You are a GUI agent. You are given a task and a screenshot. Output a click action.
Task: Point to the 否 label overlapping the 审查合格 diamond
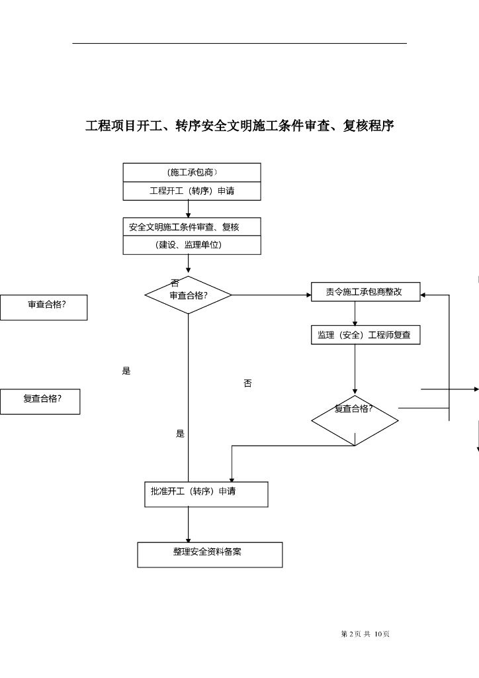pos(175,283)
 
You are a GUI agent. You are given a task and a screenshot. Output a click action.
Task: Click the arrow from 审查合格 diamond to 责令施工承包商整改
pos(272,295)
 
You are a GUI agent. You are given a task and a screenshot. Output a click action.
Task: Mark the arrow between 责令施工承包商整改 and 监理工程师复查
pos(355,313)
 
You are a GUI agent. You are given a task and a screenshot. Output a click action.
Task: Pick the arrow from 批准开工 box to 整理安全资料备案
pos(189,524)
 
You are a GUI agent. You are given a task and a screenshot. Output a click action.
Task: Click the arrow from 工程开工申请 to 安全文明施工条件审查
pos(189,209)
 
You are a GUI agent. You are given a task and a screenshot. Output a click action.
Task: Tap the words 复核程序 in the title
pos(369,126)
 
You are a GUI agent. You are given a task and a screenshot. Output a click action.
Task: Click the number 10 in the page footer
pos(378,634)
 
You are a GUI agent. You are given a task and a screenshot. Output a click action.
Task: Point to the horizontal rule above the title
pos(239,43)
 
